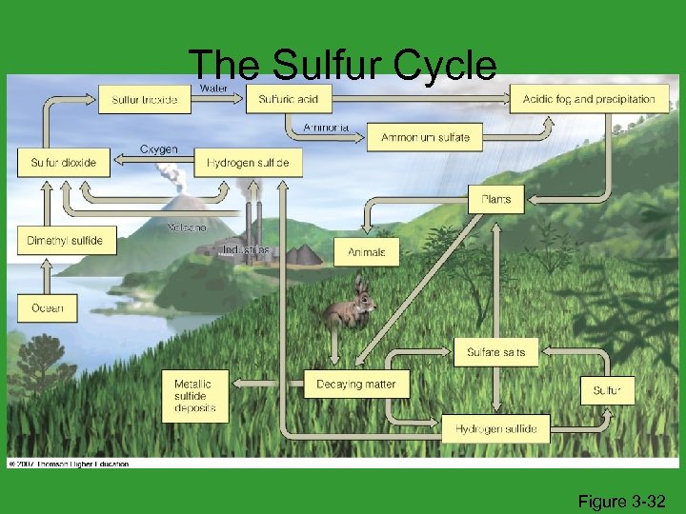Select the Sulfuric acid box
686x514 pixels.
pos(289,99)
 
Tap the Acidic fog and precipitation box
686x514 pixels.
pos(588,99)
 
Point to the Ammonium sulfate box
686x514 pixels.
pos(425,137)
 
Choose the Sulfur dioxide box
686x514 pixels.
pos(63,163)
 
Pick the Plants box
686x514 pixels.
pos(495,199)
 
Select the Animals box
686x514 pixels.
pos(367,252)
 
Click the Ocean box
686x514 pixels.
pos(47,307)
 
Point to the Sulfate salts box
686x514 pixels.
pos(495,351)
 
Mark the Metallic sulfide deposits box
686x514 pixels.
pos(194,396)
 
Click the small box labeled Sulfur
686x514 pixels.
pos(607,390)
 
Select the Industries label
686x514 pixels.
pos(245,250)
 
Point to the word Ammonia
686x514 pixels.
pos(325,127)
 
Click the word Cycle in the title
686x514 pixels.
pos(441,65)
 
